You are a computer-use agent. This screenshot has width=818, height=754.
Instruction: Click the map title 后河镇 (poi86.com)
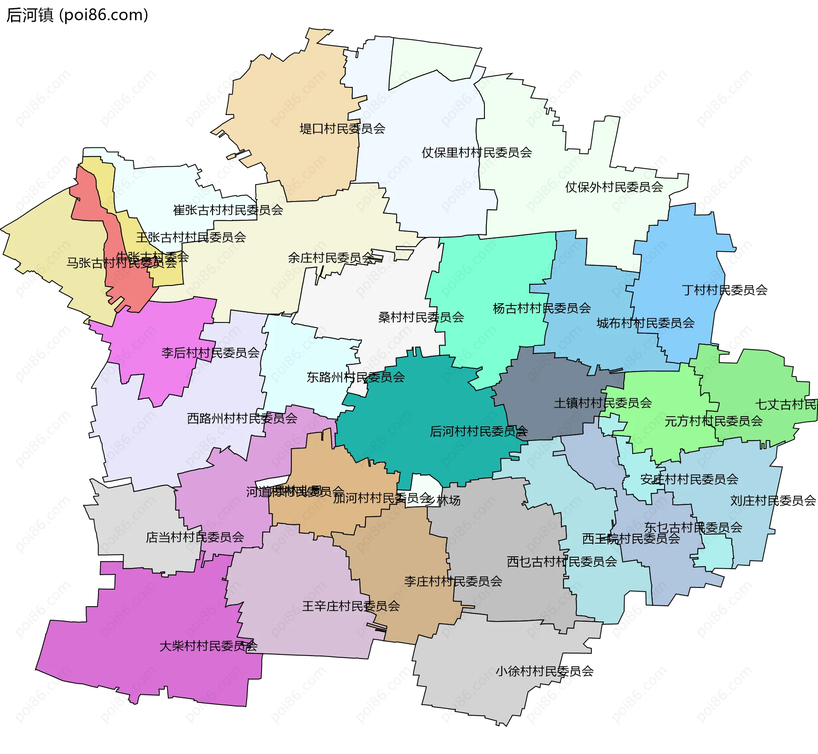click(x=77, y=15)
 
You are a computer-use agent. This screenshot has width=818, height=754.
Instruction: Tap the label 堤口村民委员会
click(x=342, y=129)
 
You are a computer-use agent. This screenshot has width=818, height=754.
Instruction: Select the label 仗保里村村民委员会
click(x=476, y=153)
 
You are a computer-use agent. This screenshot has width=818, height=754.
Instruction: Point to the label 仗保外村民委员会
click(x=614, y=187)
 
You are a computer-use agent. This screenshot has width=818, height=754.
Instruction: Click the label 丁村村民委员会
click(x=724, y=291)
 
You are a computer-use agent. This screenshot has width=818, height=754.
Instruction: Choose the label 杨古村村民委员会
click(x=541, y=308)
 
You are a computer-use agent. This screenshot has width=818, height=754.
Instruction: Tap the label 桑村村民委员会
click(x=421, y=317)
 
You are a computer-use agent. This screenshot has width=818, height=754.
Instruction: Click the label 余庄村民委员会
click(x=331, y=258)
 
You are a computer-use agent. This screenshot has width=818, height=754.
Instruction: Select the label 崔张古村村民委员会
click(x=228, y=210)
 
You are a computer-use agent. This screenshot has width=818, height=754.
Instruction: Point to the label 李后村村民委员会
click(x=210, y=353)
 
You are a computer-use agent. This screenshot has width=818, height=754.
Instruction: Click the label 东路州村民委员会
click(x=355, y=377)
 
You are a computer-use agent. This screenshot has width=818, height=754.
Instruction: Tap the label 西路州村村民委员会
click(x=242, y=419)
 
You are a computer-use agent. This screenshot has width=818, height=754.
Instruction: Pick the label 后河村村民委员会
click(x=478, y=432)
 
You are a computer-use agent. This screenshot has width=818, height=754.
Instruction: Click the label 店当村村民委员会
click(x=195, y=538)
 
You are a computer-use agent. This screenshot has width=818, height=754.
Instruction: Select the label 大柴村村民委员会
click(x=208, y=646)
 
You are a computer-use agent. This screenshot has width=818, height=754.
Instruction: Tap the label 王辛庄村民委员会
click(x=351, y=606)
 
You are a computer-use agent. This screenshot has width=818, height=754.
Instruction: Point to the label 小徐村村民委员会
click(x=544, y=671)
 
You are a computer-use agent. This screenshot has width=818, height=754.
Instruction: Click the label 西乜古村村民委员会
click(x=562, y=562)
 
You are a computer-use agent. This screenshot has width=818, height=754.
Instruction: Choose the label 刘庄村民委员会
click(x=773, y=501)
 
